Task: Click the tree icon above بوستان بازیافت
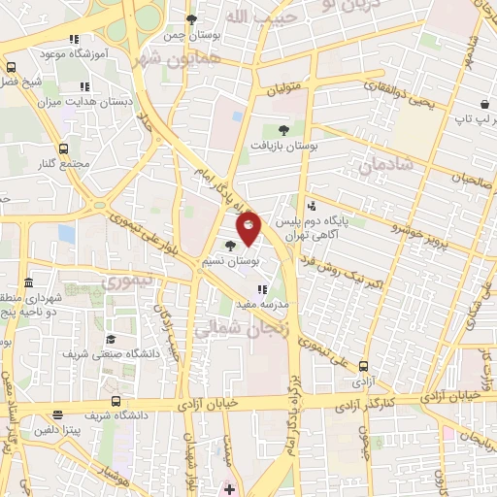(283, 129)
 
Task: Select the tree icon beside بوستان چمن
(193, 19)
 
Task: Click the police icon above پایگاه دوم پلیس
(311, 206)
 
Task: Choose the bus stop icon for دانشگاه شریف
(116, 401)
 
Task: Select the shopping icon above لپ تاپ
(483, 104)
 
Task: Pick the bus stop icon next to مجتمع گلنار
(64, 149)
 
